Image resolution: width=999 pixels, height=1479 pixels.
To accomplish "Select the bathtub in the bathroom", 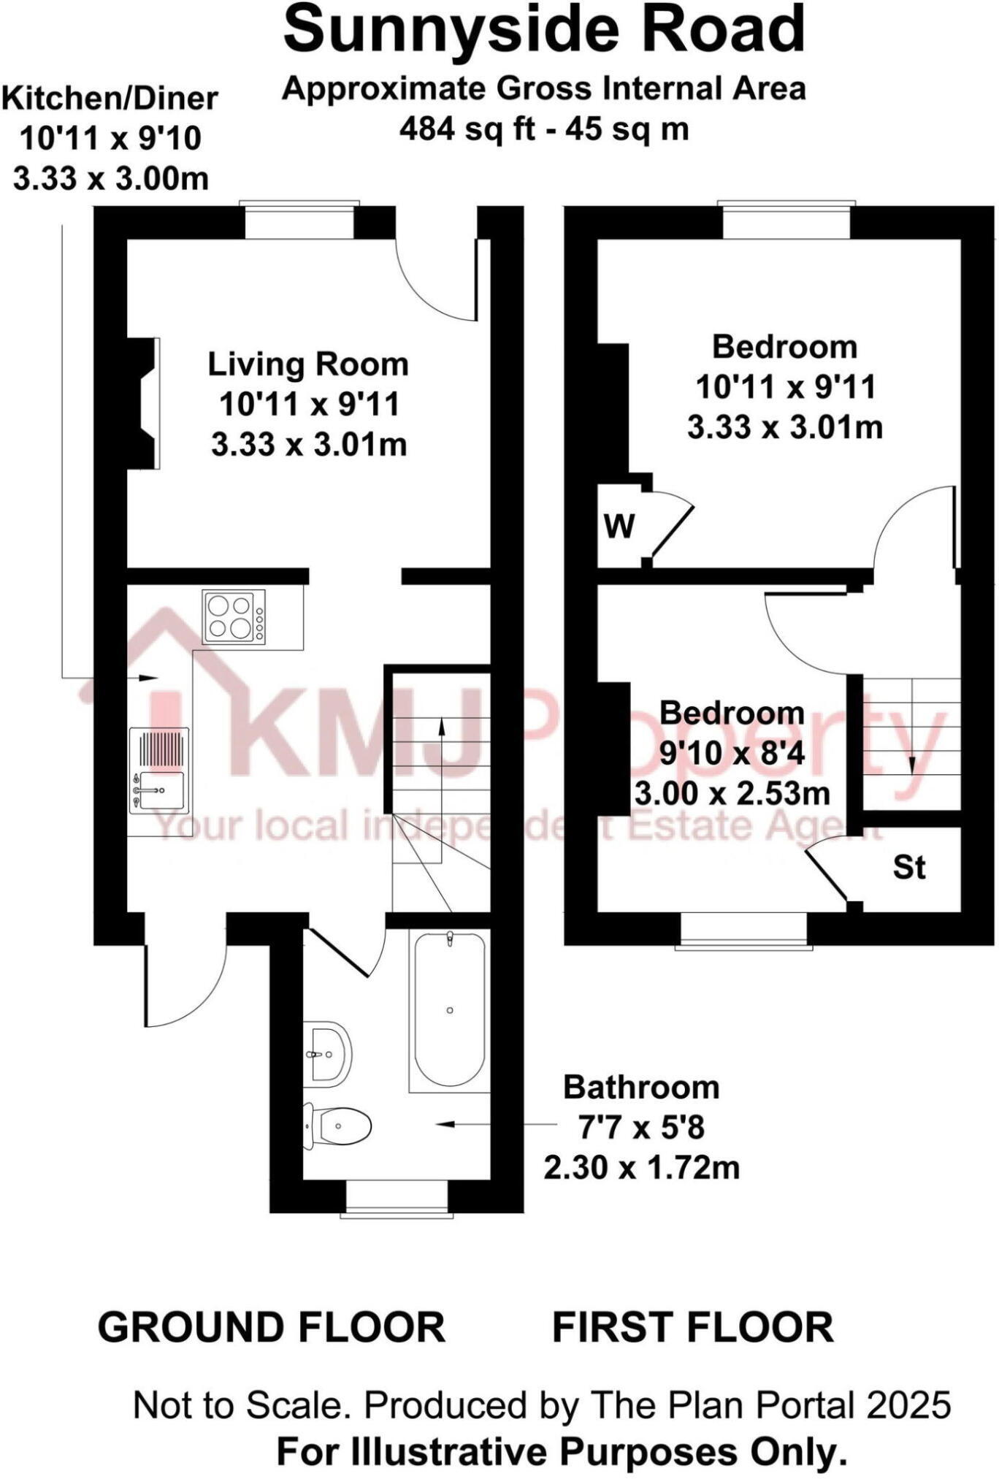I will [x=450, y=1010].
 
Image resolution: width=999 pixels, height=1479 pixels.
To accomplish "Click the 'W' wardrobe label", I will [x=619, y=526].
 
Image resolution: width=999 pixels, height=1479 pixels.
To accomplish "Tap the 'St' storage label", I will [x=909, y=868].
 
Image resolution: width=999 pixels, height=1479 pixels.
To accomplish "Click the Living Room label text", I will [x=308, y=364].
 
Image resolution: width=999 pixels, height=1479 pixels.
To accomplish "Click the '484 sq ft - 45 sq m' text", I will [x=544, y=129].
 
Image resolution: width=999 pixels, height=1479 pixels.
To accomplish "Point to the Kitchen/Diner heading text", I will [x=110, y=99].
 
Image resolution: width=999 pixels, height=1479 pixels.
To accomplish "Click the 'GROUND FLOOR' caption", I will [x=272, y=1326].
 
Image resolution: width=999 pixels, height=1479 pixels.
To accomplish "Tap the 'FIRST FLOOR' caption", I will [x=692, y=1326].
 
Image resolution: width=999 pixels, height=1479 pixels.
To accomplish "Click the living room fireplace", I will [x=143, y=402].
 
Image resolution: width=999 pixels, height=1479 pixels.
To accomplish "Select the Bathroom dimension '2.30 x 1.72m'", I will [x=641, y=1167].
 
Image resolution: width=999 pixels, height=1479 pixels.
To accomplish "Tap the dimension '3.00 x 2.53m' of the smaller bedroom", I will [x=732, y=794].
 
